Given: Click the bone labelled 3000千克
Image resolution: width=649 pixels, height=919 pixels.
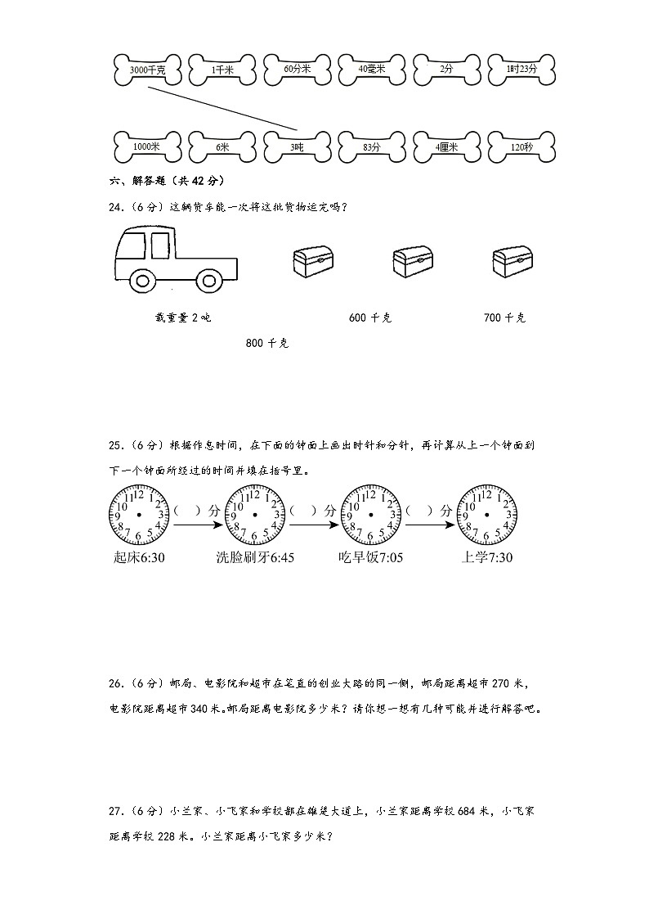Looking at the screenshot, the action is tap(147, 70).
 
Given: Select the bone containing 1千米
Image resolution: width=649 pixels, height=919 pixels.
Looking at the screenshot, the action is tap(222, 70).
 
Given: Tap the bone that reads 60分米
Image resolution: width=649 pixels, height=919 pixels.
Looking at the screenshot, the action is tap(298, 70).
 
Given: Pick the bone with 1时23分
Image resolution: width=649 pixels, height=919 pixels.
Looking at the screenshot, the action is tap(521, 70).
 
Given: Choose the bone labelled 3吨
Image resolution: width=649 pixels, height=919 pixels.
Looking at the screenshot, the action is tap(298, 146).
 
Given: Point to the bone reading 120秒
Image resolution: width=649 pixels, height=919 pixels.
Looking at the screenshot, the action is tap(521, 146).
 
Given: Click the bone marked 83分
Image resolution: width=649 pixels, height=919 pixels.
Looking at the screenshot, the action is tap(372, 146).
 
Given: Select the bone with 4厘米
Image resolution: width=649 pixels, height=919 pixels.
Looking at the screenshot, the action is tap(446, 146).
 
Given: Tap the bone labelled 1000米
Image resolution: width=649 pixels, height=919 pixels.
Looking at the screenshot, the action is tap(147, 146).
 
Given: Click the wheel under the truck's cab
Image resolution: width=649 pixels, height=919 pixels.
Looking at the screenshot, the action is tap(145, 280).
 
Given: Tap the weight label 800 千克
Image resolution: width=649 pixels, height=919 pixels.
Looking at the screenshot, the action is tap(266, 344).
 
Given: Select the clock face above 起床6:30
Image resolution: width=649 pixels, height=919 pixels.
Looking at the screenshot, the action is tap(139, 514).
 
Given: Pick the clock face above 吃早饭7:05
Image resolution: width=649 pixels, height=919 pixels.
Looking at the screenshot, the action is tap(370, 514).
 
